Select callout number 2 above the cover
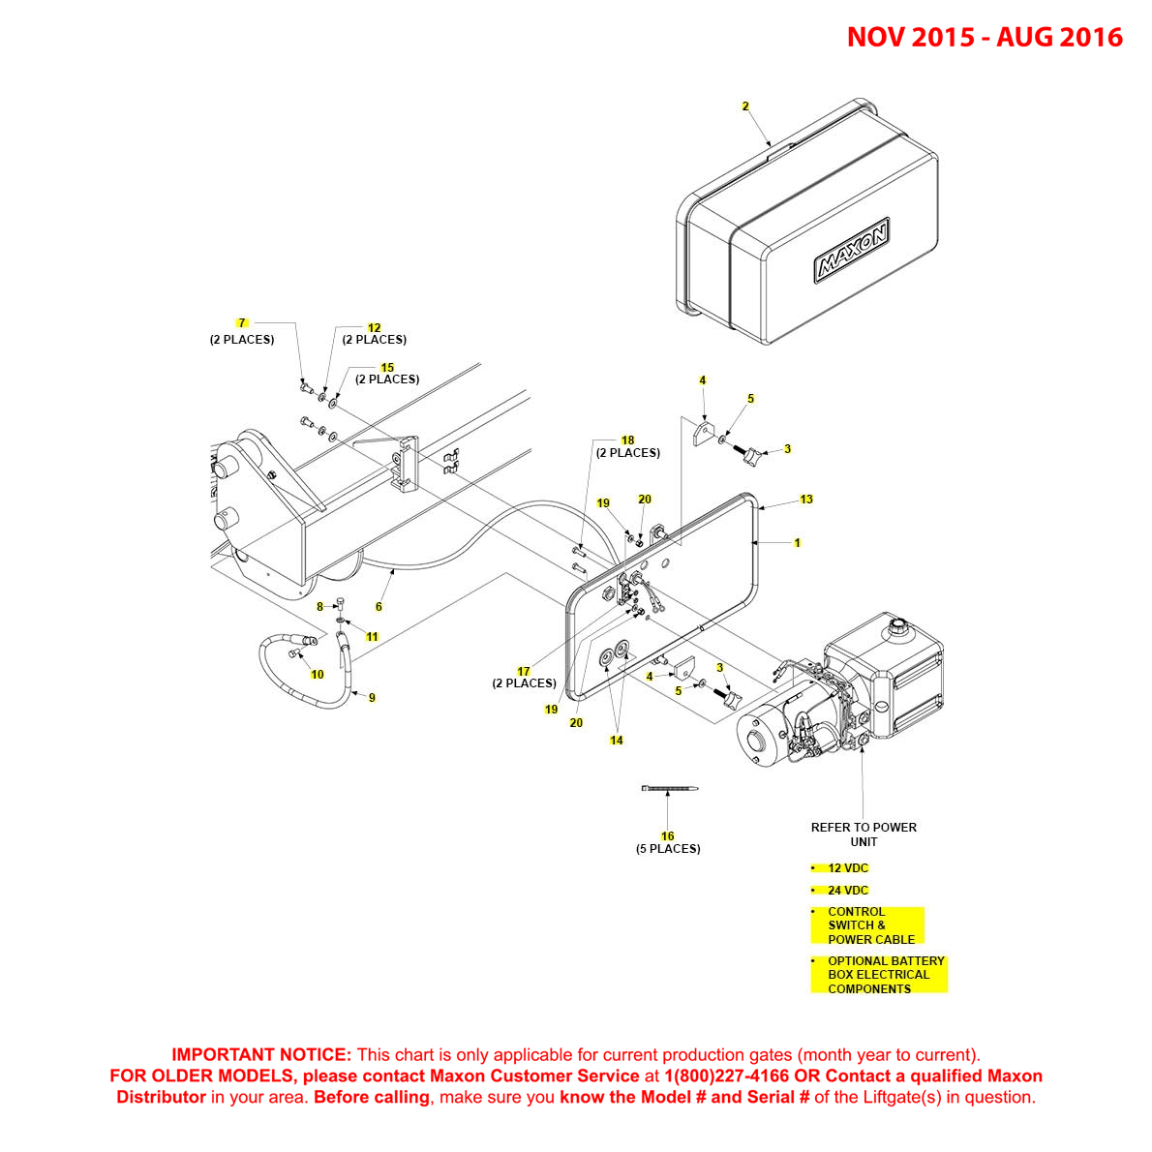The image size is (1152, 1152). (x=745, y=106)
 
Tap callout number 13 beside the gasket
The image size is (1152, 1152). (x=806, y=500)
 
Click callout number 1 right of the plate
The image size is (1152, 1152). (x=797, y=543)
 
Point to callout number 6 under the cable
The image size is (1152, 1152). (x=379, y=607)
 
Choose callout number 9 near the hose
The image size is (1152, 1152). (x=372, y=697)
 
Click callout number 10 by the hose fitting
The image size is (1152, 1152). (x=318, y=674)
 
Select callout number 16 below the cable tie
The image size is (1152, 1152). (x=667, y=836)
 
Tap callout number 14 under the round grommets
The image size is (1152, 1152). (x=617, y=741)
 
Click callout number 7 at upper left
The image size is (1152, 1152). (x=242, y=322)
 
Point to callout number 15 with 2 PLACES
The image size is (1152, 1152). (x=387, y=368)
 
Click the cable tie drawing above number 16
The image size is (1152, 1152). (x=669, y=789)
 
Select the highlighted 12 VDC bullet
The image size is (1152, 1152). (x=848, y=868)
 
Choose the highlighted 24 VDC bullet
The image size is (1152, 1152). (x=848, y=891)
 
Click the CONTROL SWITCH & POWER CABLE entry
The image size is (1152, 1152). (x=869, y=925)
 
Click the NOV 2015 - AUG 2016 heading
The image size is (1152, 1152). (x=984, y=37)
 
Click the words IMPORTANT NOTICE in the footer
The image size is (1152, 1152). (x=260, y=1054)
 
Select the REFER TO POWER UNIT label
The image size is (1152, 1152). (x=864, y=834)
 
